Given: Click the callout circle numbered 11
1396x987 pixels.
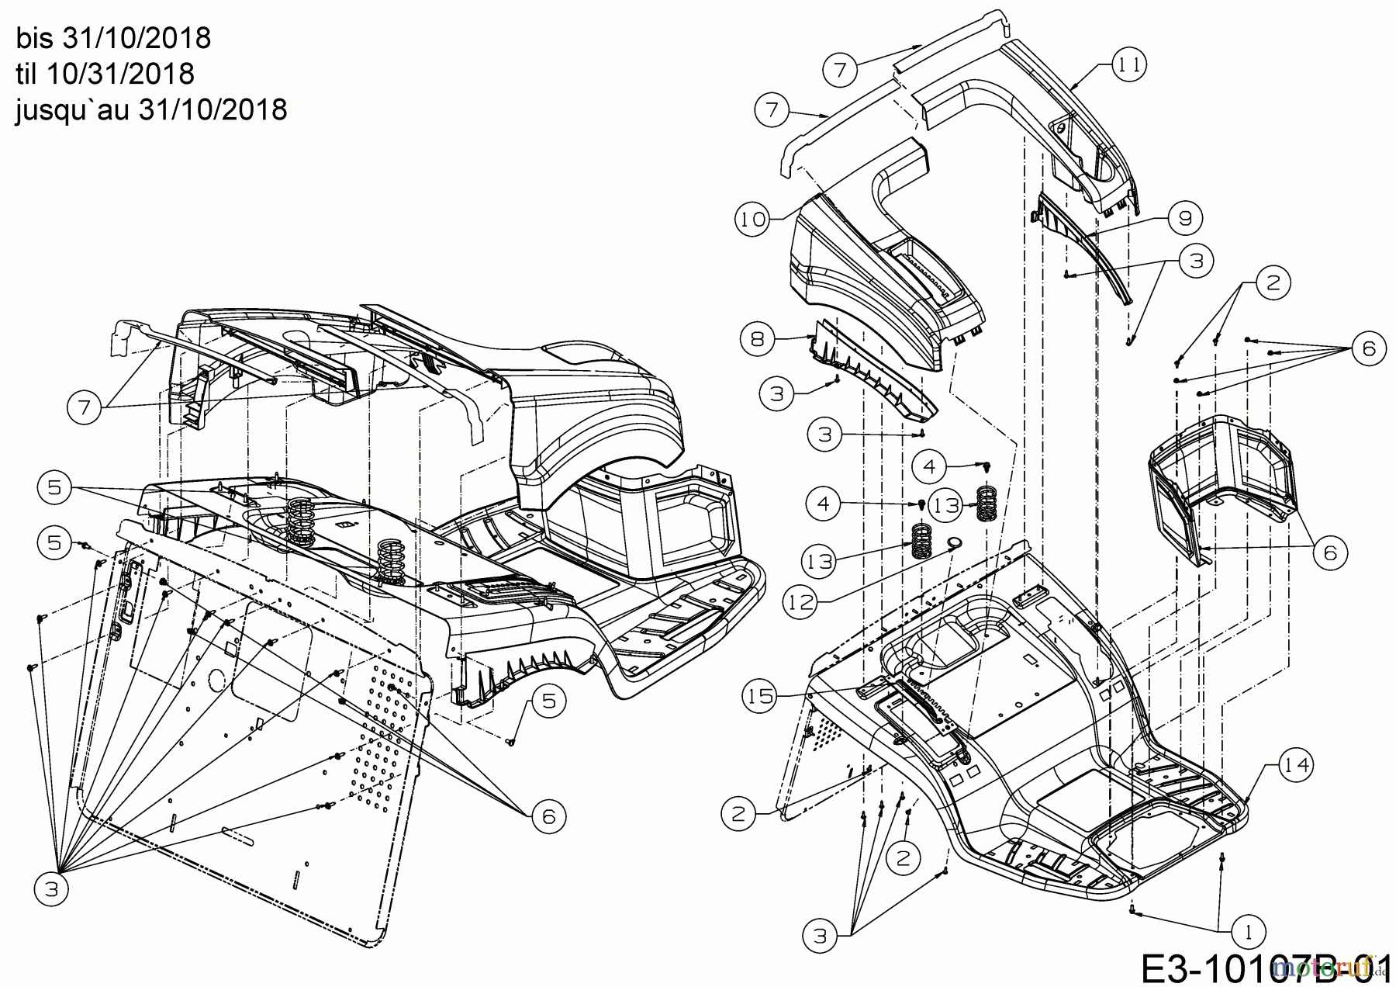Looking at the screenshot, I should pyautogui.click(x=1128, y=65).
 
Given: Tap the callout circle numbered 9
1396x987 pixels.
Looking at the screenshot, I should pyautogui.click(x=1185, y=219).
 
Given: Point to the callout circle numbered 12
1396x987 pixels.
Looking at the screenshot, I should pyautogui.click(x=803, y=600).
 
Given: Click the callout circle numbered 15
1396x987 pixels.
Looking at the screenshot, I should pyautogui.click(x=762, y=696).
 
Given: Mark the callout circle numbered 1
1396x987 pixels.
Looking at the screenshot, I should pyautogui.click(x=1248, y=931).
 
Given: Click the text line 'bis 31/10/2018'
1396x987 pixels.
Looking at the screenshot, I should pyautogui.click(x=112, y=37).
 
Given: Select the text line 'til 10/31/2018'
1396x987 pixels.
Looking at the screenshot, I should pyautogui.click(x=105, y=74).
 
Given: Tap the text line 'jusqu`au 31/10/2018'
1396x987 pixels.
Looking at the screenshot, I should pyautogui.click(x=151, y=109).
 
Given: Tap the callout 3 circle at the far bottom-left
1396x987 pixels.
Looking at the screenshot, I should pyautogui.click(x=52, y=889).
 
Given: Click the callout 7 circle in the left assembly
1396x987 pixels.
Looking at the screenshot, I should pyautogui.click(x=85, y=407).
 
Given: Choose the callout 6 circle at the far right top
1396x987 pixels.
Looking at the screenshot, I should pyautogui.click(x=1368, y=348).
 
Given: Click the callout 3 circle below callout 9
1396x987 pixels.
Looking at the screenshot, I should pyautogui.click(x=1196, y=261).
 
